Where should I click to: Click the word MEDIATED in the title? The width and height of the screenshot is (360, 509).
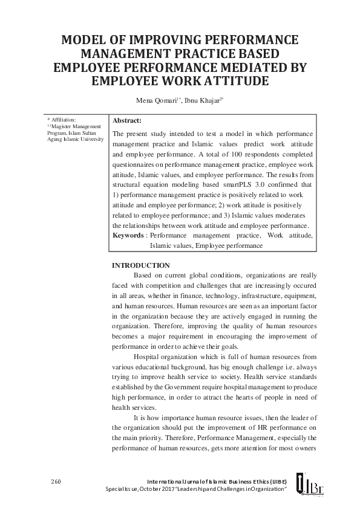point(239,67)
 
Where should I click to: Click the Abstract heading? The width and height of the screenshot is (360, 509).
point(127,121)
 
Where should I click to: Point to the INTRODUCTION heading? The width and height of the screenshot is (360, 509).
point(141,266)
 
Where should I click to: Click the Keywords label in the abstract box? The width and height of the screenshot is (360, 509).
point(128,235)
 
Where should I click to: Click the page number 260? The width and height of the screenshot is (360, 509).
point(56,481)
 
